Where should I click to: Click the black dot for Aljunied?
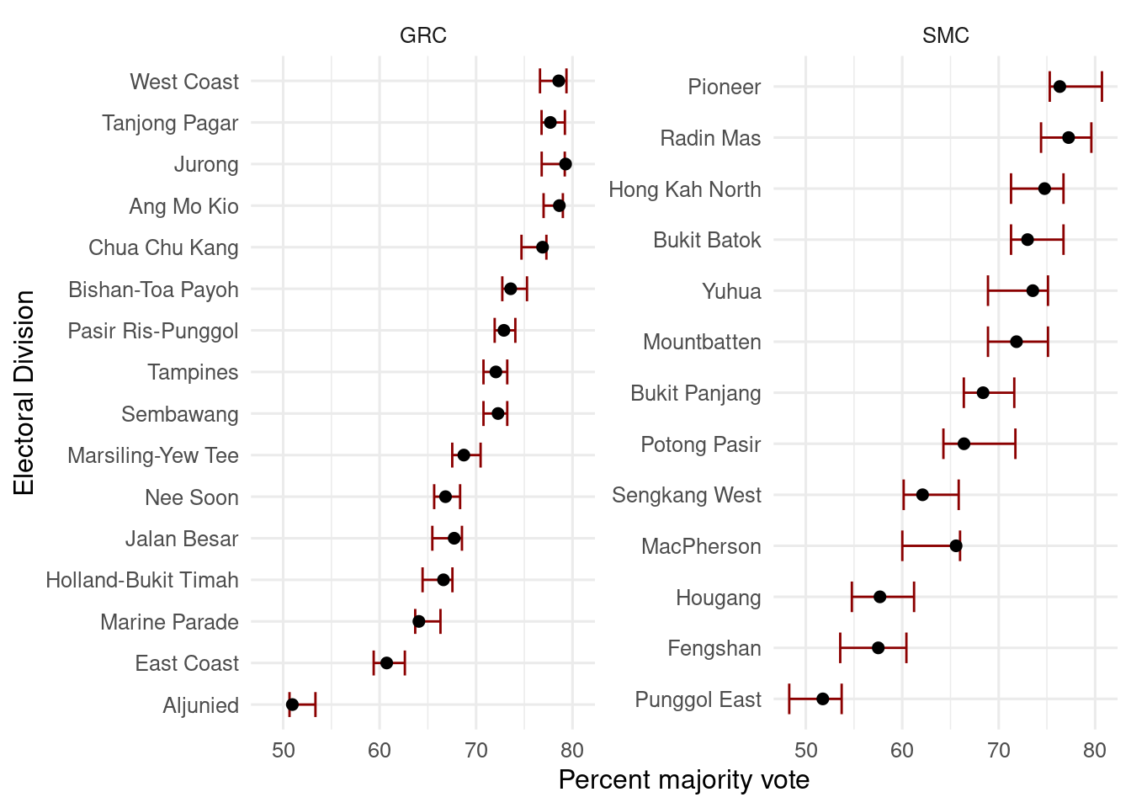[292, 704]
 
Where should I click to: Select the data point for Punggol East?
[823, 699]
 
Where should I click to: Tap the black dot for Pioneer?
[1059, 87]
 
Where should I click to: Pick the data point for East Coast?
[386, 663]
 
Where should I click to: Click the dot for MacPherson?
[956, 545]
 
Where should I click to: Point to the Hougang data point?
[880, 597]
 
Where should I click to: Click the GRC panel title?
[422, 35]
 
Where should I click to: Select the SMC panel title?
[945, 35]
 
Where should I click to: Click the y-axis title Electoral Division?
[24, 393]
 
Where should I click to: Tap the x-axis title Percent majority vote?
[683, 780]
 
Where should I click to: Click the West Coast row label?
[184, 82]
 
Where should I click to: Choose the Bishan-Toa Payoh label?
[153, 290]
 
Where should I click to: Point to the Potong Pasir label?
[700, 444]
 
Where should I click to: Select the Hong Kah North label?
[684, 189]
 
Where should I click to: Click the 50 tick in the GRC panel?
[284, 750]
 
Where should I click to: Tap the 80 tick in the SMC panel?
[1094, 750]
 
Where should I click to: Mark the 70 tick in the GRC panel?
[476, 750]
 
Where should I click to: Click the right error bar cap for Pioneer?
[1102, 87]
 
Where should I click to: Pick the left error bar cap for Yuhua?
[988, 290]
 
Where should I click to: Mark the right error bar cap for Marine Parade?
[440, 622]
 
